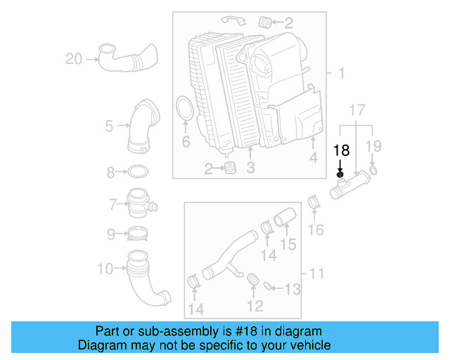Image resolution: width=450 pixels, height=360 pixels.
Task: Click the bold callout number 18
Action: click(341, 150)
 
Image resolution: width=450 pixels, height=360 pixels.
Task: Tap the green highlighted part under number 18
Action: click(340, 174)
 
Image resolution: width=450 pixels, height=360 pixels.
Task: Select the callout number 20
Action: click(75, 59)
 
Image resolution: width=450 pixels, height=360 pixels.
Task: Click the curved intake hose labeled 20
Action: click(127, 58)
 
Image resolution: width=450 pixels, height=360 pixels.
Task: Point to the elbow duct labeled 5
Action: click(142, 127)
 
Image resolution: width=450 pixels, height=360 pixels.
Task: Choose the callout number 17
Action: click(357, 110)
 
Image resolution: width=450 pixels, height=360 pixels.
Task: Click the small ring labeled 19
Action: click(373, 170)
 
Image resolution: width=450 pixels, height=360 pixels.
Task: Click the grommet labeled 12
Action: click(253, 283)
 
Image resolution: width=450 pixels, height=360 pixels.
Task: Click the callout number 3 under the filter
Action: click(250, 168)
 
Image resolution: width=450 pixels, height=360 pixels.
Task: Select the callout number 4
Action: click(314, 158)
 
